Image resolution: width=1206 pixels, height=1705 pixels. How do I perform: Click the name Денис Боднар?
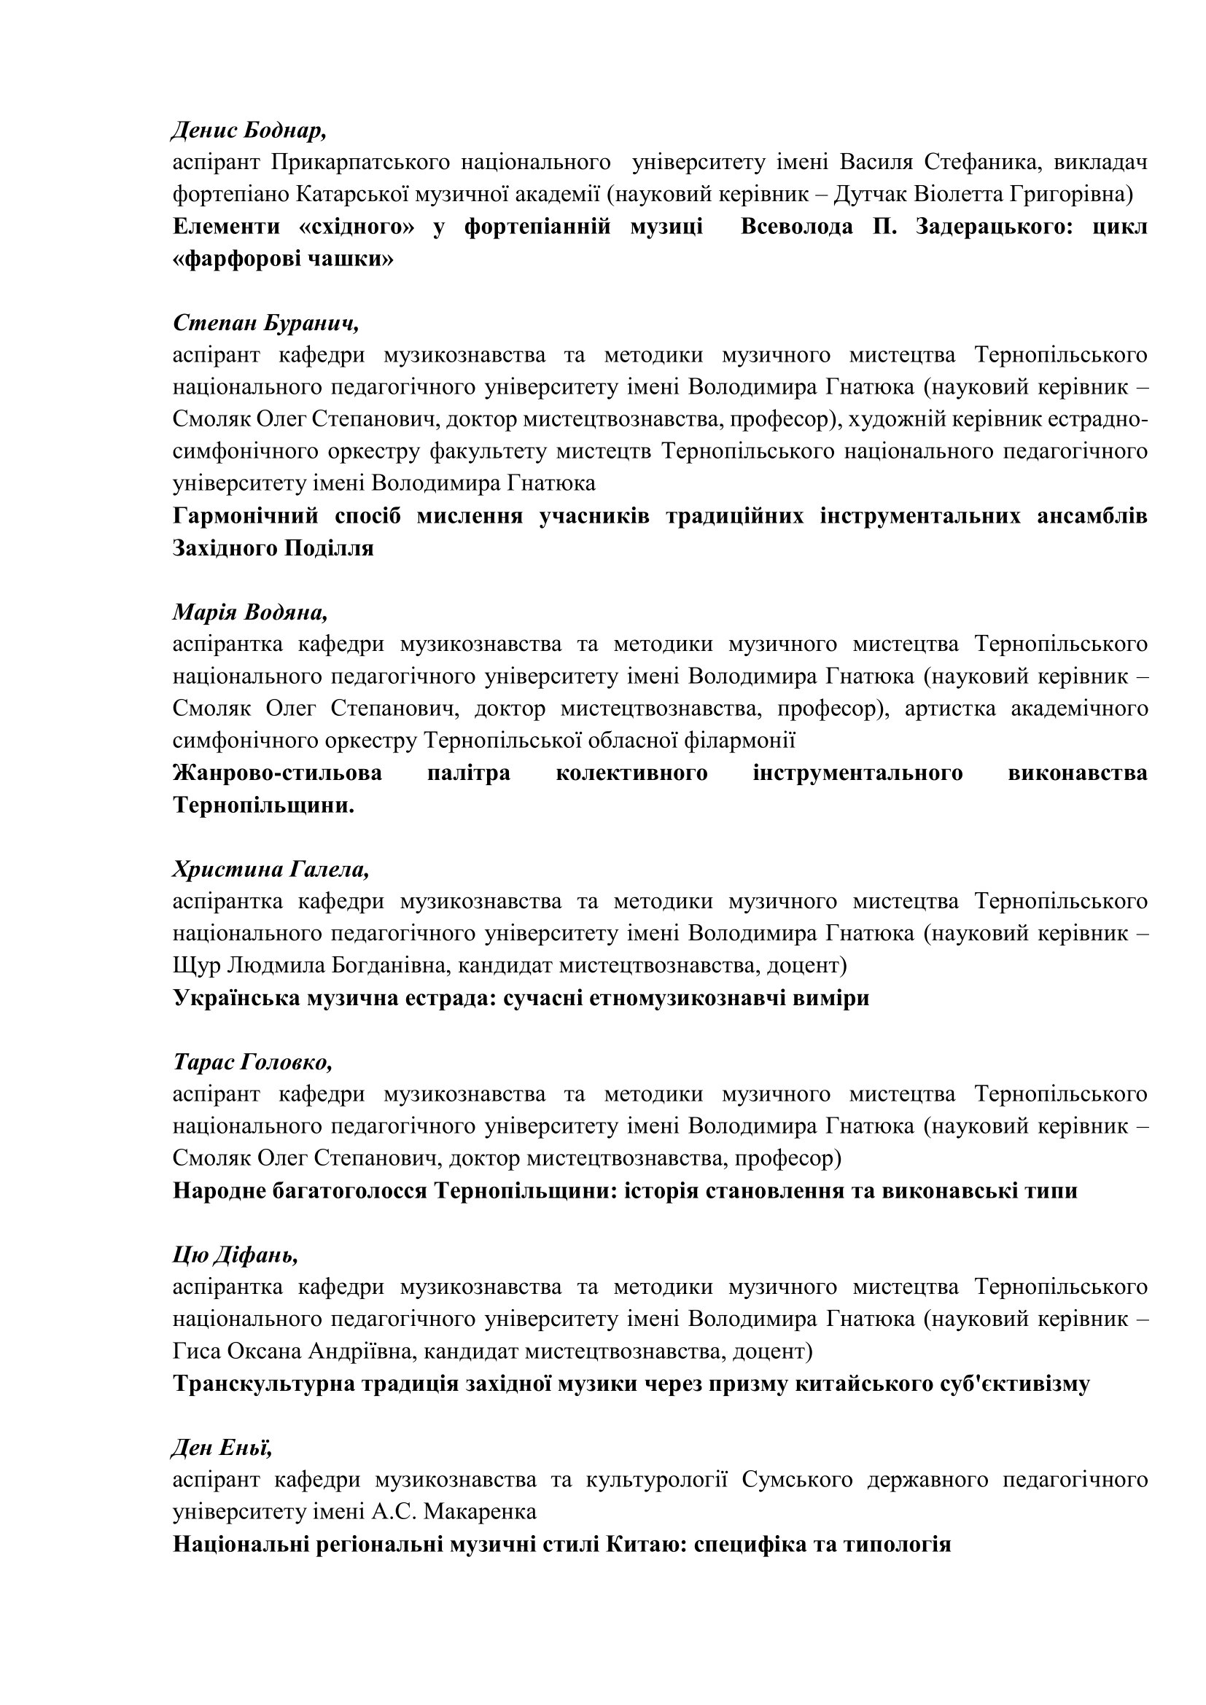tap(249, 130)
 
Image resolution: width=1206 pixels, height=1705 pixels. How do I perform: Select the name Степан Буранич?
tap(266, 323)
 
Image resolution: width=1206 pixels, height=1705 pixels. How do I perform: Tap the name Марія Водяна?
tap(249, 612)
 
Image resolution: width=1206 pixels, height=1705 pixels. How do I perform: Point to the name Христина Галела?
tap(271, 869)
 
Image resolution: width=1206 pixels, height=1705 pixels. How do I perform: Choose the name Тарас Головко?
tap(252, 1062)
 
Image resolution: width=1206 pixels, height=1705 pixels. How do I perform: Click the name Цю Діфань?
tap(236, 1255)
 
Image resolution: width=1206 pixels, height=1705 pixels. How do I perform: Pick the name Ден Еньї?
tap(223, 1448)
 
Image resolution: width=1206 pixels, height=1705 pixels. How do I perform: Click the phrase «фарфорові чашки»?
tap(283, 260)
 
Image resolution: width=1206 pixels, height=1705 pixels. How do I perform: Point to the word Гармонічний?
tap(246, 515)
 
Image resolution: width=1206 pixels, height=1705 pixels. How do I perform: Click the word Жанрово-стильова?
tap(278, 773)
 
